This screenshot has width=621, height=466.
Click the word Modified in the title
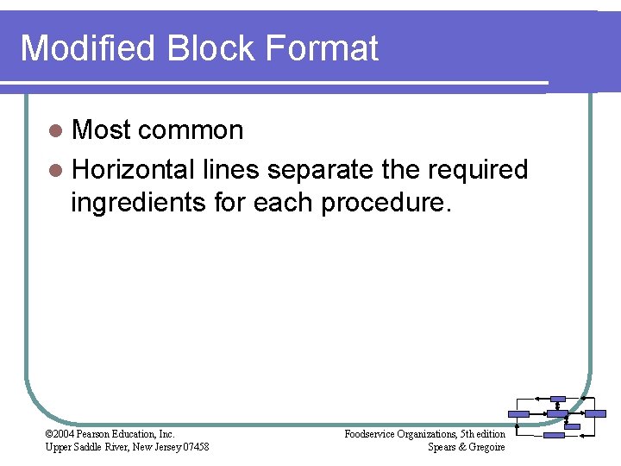[85, 48]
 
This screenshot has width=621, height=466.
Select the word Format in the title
[323, 48]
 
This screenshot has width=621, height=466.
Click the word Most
[100, 130]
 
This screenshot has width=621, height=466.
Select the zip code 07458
[193, 447]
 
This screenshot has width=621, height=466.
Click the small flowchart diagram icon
[556, 416]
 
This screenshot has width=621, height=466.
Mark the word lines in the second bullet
[230, 169]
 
